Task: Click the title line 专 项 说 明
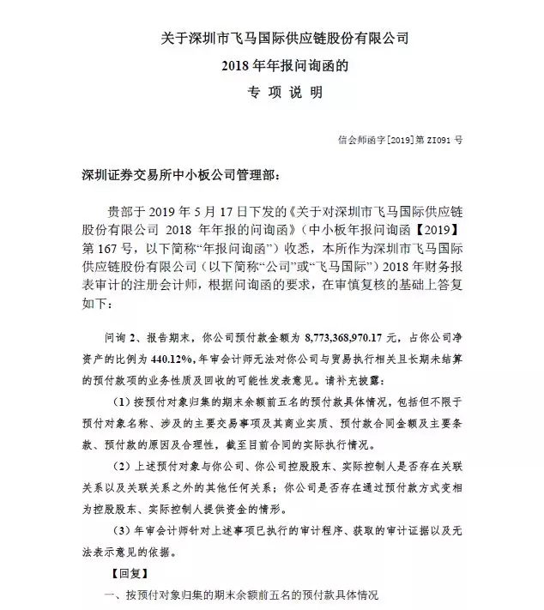[272, 91]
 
